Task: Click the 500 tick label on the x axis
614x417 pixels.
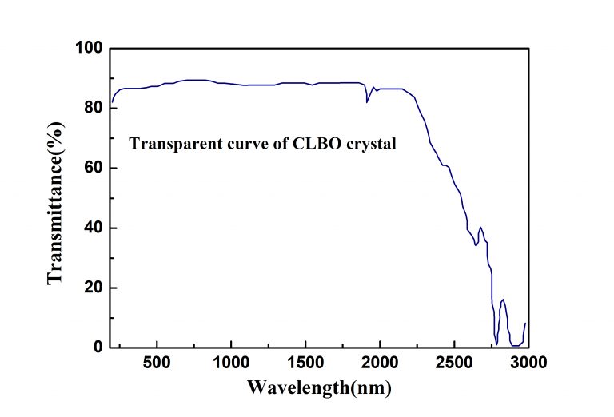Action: (x=157, y=363)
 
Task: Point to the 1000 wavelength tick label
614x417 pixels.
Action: (x=231, y=363)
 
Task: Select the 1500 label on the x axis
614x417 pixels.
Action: (x=305, y=363)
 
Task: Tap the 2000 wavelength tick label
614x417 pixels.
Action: (x=380, y=363)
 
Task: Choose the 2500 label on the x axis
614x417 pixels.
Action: (x=454, y=363)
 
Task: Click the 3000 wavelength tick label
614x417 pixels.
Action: (x=528, y=363)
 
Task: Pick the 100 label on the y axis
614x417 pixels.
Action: (x=89, y=48)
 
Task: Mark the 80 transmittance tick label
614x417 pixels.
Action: (x=94, y=108)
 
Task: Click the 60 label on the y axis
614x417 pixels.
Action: (x=94, y=168)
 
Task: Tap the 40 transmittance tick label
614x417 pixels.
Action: (x=94, y=228)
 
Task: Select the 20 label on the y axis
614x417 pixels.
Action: (x=94, y=288)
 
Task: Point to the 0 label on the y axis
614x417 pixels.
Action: (x=98, y=347)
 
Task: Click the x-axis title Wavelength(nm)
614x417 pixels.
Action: (x=319, y=387)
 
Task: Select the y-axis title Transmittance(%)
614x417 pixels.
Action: (x=55, y=203)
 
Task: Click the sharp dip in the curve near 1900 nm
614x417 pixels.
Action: (x=367, y=102)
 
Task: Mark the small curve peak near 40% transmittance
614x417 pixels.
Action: (x=480, y=228)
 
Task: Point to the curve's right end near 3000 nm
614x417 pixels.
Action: (x=525, y=323)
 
